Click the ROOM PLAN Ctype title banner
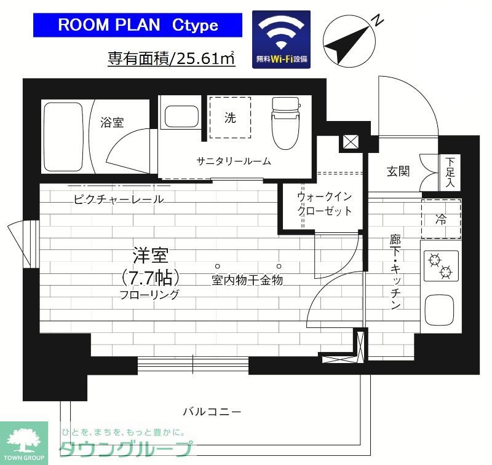click(137, 25)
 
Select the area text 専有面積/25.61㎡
click(172, 59)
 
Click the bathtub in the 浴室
click(63, 136)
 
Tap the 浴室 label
click(112, 122)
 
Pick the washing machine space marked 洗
click(229, 118)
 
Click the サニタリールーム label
click(234, 162)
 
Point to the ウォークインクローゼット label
click(324, 204)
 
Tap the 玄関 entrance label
click(399, 171)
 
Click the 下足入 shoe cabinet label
click(450, 172)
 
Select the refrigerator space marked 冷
click(441, 219)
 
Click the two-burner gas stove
click(441, 265)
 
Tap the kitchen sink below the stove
click(441, 310)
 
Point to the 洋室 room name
click(151, 254)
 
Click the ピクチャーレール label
click(118, 199)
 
